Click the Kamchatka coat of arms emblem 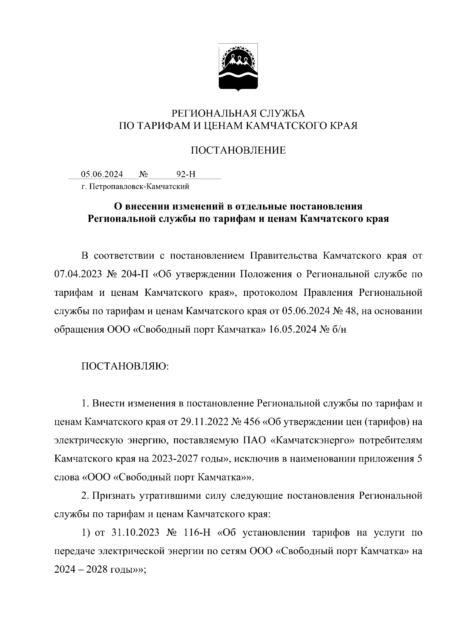coord(238,68)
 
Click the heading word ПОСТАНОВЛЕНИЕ coord(238,151)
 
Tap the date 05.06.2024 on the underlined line coord(102,174)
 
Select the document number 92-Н coord(186,174)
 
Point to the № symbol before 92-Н coord(144,174)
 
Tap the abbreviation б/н coord(338,329)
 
